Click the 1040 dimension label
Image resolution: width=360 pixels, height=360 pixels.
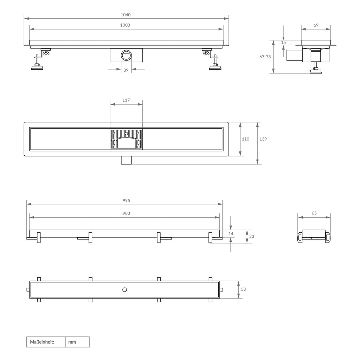coord(126,15)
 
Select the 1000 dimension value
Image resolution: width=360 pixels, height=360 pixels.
coord(125,25)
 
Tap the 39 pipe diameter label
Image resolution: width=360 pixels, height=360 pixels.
coord(126,70)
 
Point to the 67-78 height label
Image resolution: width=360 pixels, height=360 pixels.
coord(265,57)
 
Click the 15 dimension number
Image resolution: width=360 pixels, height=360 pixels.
coord(283,43)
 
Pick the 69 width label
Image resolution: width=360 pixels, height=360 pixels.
coord(316,25)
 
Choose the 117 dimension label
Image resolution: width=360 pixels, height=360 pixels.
coord(126,100)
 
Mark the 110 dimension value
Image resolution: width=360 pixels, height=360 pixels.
coord(245,139)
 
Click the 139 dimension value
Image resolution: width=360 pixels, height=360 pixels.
coord(263,139)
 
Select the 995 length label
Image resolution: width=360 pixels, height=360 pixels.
coord(126,200)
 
